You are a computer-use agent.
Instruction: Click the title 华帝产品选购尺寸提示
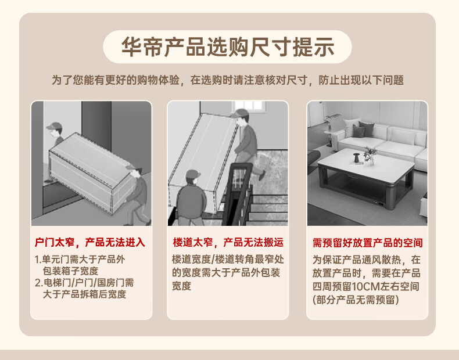tap(228, 47)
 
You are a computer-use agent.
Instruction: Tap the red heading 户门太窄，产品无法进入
tap(90, 243)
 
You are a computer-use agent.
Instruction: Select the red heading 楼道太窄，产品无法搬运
tap(228, 243)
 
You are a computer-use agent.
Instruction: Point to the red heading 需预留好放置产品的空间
tap(368, 243)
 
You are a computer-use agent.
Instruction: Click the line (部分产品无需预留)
tap(356, 300)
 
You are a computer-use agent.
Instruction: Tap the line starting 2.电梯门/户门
tap(84, 283)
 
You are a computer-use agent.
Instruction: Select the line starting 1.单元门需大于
tap(80, 260)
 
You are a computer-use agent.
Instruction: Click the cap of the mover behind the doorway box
tap(54, 126)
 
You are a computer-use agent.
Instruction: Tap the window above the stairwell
tap(249, 106)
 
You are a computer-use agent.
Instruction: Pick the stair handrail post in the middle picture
tap(238, 193)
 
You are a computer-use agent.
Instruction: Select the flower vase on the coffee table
tap(370, 156)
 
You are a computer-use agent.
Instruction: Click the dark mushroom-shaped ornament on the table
tap(356, 158)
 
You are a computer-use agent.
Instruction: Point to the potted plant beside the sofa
tap(332, 123)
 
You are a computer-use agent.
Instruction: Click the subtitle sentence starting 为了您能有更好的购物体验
tap(228, 80)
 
